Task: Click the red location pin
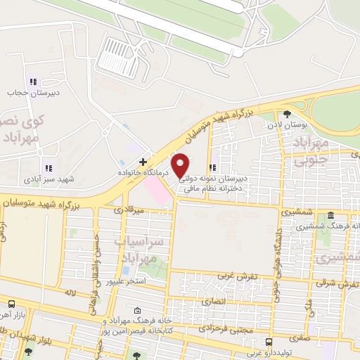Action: coord(181,165)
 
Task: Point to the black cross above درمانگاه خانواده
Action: coord(143,161)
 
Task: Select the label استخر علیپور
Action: coord(126,282)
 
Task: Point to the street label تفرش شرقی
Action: coord(337,283)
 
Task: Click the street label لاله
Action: coord(68,290)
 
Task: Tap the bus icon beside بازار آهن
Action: coord(11,304)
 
